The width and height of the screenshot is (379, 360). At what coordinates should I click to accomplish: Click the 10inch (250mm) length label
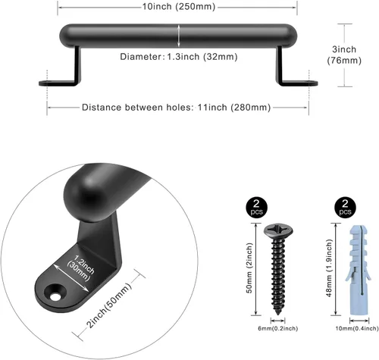(179, 7)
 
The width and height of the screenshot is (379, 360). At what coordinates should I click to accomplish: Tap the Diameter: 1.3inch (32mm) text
(179, 57)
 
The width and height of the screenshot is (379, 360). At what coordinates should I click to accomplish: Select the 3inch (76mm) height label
(344, 55)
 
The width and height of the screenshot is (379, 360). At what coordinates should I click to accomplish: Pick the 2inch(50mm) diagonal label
(109, 305)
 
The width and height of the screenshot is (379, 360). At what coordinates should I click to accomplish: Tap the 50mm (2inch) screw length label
(249, 268)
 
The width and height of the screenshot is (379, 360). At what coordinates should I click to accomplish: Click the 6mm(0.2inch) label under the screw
(277, 328)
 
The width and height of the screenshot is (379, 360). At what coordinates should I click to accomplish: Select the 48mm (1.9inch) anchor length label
(329, 268)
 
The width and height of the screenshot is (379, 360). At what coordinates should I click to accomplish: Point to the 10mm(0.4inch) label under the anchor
(357, 328)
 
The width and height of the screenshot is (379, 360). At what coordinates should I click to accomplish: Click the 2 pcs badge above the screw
(256, 207)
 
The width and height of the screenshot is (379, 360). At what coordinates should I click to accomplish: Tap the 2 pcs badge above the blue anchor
(345, 207)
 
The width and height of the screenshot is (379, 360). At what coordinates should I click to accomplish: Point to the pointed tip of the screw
(278, 314)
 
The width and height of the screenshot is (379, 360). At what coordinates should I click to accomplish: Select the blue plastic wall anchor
(358, 270)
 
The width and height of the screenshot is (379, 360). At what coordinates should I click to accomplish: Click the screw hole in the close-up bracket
(55, 296)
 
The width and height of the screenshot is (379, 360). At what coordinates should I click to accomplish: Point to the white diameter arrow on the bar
(179, 36)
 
